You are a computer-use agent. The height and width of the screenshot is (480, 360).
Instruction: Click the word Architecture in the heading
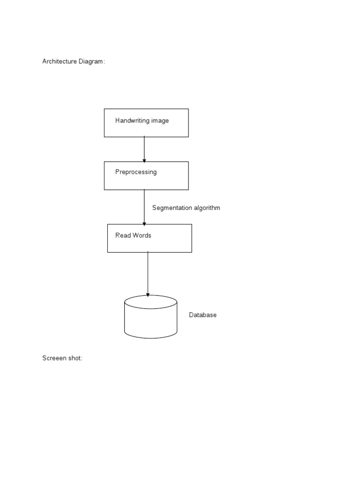tap(60, 61)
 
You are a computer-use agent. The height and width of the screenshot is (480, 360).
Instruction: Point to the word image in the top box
tap(160, 120)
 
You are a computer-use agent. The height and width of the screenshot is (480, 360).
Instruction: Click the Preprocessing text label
tap(136, 172)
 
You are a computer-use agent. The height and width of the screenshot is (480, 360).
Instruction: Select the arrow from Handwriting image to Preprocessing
tap(144, 149)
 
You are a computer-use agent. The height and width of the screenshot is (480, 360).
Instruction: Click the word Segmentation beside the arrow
tap(171, 208)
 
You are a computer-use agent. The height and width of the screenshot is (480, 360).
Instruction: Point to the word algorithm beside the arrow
tap(206, 208)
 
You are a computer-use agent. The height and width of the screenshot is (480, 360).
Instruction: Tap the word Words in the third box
tap(142, 235)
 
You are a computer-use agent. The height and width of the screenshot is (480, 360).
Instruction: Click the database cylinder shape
tap(150, 319)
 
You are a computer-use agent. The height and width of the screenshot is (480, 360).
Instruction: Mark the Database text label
tap(202, 315)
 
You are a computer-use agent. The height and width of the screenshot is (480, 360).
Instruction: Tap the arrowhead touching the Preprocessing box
tap(144, 160)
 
